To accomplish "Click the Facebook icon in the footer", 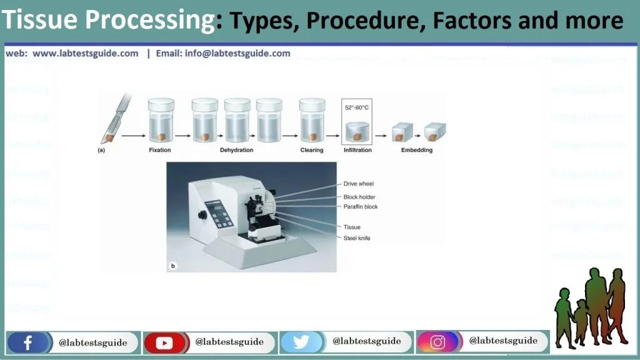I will point(27,342).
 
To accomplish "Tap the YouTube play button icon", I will point(164,342).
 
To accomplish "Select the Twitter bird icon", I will point(301,342).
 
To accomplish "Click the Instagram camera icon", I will point(437,342).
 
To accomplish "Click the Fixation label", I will point(159,151).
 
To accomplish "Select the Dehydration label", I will point(237,151).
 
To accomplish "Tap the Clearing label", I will point(311,151).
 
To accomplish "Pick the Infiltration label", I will point(357,151).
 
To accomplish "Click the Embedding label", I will point(416,151).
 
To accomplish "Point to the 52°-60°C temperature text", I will point(357,107).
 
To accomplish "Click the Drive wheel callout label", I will point(359,184).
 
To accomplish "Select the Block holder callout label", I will point(359,197).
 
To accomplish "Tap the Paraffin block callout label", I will point(361,207).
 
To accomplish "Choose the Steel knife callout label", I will point(357,238).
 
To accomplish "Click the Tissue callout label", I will point(352,227).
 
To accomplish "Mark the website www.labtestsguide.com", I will point(85,54).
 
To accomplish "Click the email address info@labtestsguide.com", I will point(237,54).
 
